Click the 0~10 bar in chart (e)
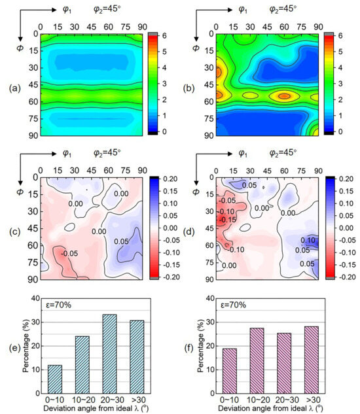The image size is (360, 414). click(55, 379)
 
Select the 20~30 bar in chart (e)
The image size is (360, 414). click(109, 354)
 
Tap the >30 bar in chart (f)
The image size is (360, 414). click(312, 360)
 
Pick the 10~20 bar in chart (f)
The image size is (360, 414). click(257, 360)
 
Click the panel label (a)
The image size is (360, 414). click(14, 88)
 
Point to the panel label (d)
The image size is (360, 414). click(189, 232)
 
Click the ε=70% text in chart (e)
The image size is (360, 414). click(58, 305)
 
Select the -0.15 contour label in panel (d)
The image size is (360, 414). click(228, 220)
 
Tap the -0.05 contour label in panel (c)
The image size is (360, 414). click(69, 254)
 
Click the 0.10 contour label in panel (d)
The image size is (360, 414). click(308, 240)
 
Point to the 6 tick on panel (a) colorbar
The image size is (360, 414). click(164, 35)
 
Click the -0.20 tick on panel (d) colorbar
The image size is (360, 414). click(346, 277)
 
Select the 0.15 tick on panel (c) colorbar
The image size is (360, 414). click(170, 191)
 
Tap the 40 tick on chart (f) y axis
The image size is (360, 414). click(210, 298)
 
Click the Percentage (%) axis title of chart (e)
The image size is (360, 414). click(26, 346)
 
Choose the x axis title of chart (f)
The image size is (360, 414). click(270, 408)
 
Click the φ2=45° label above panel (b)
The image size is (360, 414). click(283, 9)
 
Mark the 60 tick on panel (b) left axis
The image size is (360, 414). click(209, 101)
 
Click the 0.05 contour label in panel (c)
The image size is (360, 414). click(121, 241)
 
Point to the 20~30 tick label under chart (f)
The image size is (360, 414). click(287, 400)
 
